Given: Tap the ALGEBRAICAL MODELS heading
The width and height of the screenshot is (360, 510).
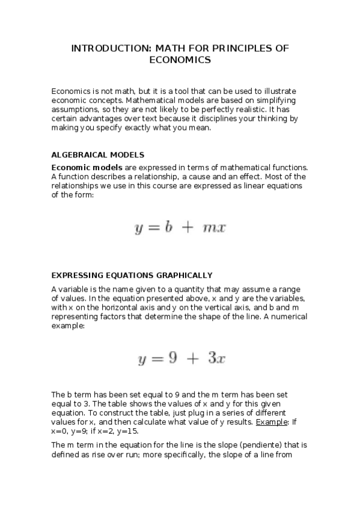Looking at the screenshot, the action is click(x=97, y=155).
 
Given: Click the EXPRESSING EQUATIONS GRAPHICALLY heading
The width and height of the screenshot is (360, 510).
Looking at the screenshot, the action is click(x=132, y=275).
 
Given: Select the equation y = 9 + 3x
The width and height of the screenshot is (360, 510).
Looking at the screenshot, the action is click(x=181, y=359).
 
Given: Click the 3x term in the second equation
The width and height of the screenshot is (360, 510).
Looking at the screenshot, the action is click(x=216, y=359).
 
